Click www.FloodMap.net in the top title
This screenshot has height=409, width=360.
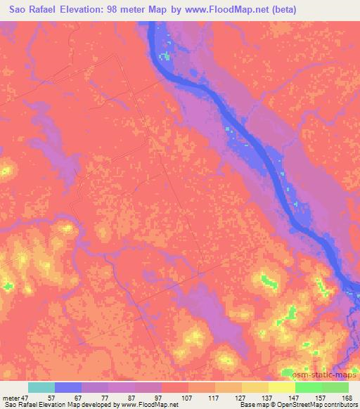(242, 9)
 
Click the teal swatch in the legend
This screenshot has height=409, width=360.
(41, 387)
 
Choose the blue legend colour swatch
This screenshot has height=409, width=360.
(68, 387)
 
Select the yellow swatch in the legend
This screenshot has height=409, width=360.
(282, 387)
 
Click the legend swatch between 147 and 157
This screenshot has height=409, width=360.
(309, 387)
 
